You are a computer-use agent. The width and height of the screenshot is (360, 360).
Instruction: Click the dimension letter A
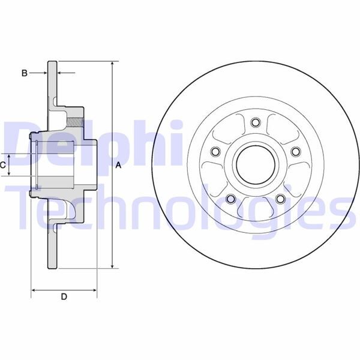pyautogui.click(x=119, y=165)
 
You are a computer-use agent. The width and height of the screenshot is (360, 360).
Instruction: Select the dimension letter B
pyautogui.click(x=25, y=73)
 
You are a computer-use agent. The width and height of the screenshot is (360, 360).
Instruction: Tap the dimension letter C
pyautogui.click(x=4, y=164)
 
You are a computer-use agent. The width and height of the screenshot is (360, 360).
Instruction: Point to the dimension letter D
pyautogui.click(x=64, y=296)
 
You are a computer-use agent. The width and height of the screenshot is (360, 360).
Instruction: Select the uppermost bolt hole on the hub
pyautogui.click(x=254, y=123)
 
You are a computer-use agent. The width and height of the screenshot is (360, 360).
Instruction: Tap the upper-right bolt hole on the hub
pyautogui.click(x=295, y=152)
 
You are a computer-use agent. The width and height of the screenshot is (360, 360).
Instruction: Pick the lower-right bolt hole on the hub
pyautogui.click(x=280, y=199)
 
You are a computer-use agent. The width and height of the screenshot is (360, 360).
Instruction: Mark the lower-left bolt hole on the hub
pyautogui.click(x=230, y=199)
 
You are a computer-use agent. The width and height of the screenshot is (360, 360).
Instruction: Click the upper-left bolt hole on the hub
pyautogui.click(x=214, y=152)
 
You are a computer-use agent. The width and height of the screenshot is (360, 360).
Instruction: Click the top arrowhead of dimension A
pyautogui.click(x=112, y=64)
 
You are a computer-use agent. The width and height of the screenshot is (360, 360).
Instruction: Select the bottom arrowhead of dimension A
pyautogui.click(x=112, y=266)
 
